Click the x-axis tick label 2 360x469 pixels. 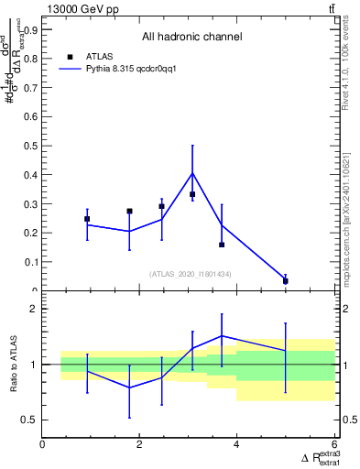pyautogui.click(x=139, y=444)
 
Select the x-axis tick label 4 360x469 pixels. pyautogui.click(x=236, y=444)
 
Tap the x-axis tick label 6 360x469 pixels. pyautogui.click(x=333, y=444)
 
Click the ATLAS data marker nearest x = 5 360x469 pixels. pyautogui.click(x=286, y=281)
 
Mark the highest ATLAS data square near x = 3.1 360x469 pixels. pyautogui.click(x=192, y=194)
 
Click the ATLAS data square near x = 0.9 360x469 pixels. pyautogui.click(x=87, y=219)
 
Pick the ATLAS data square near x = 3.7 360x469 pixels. pyautogui.click(x=222, y=245)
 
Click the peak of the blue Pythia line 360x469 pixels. pyautogui.click(x=192, y=173)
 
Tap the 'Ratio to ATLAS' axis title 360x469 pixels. pyautogui.click(x=12, y=365)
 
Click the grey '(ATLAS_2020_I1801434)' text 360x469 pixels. pyautogui.click(x=191, y=274)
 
